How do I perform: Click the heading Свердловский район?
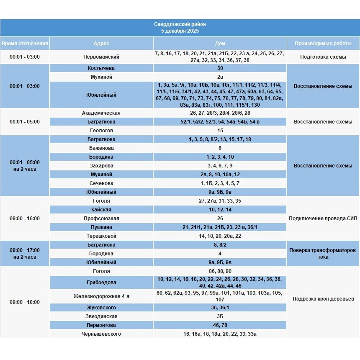click(x=180, y=24)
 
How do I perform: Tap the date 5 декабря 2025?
click(x=180, y=31)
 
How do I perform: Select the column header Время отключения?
click(x=25, y=44)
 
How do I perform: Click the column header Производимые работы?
click(x=323, y=44)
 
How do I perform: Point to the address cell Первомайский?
click(x=101, y=57)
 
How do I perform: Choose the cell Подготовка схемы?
click(x=323, y=57)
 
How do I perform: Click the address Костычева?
click(x=101, y=68)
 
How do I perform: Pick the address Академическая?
click(x=101, y=113)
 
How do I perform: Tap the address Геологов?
click(x=101, y=131)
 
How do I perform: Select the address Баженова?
click(x=101, y=148)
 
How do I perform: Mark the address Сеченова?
click(x=101, y=183)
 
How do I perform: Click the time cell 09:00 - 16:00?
click(x=25, y=219)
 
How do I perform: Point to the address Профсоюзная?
click(x=101, y=219)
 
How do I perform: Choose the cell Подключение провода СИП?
click(x=323, y=219)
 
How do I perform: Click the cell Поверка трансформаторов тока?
click(x=323, y=254)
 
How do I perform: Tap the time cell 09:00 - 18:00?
click(x=25, y=302)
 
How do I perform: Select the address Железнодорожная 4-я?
click(x=101, y=296)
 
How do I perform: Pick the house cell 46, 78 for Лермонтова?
click(x=220, y=325)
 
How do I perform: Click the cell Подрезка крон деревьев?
click(x=323, y=299)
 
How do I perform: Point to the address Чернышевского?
click(x=101, y=334)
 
